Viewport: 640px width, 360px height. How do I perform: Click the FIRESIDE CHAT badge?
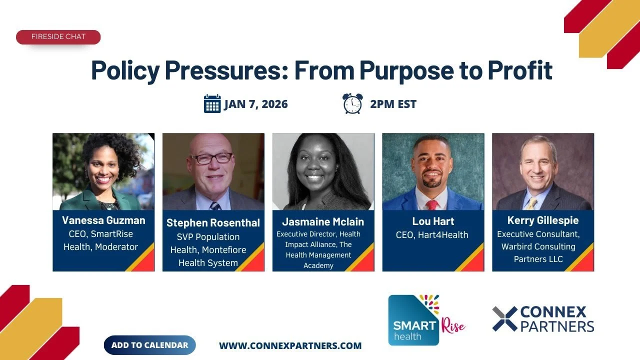coord(58,37)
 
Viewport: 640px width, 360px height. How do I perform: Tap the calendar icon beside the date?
coord(212,104)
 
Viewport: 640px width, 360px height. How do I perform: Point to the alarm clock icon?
coord(352,103)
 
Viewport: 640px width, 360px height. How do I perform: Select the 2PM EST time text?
coord(393,104)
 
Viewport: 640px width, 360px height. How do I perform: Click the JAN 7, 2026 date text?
coord(256,104)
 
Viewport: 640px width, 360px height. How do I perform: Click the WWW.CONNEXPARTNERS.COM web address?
coord(290,345)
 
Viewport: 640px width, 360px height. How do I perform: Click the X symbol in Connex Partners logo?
coord(504,319)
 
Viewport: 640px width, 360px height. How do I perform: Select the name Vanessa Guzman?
coord(103,220)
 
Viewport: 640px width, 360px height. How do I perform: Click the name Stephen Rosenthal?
coord(213,223)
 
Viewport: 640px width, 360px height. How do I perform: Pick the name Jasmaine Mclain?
coord(323,221)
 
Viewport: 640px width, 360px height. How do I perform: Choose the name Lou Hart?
coord(432,221)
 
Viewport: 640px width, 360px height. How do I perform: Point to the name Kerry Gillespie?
coord(542,220)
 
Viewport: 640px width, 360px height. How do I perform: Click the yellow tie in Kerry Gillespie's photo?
coord(531,203)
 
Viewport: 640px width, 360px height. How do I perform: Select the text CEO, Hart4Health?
coord(432,235)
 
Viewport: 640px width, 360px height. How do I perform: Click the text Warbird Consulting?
coord(538,246)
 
